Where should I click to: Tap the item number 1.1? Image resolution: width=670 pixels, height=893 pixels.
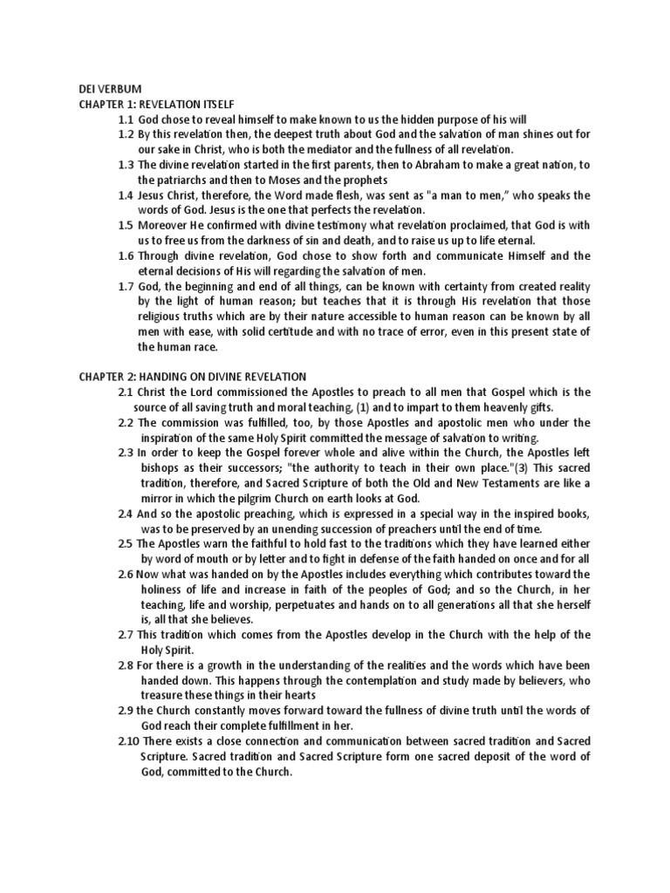coord(126,119)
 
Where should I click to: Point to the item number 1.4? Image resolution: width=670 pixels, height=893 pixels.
coord(126,195)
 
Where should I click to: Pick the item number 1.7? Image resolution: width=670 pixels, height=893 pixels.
coord(126,287)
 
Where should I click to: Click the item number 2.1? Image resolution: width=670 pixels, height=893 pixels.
coord(126,392)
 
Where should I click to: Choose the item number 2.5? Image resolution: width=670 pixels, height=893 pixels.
coord(126,543)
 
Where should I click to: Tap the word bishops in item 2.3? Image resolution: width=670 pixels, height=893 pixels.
coord(161,467)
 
